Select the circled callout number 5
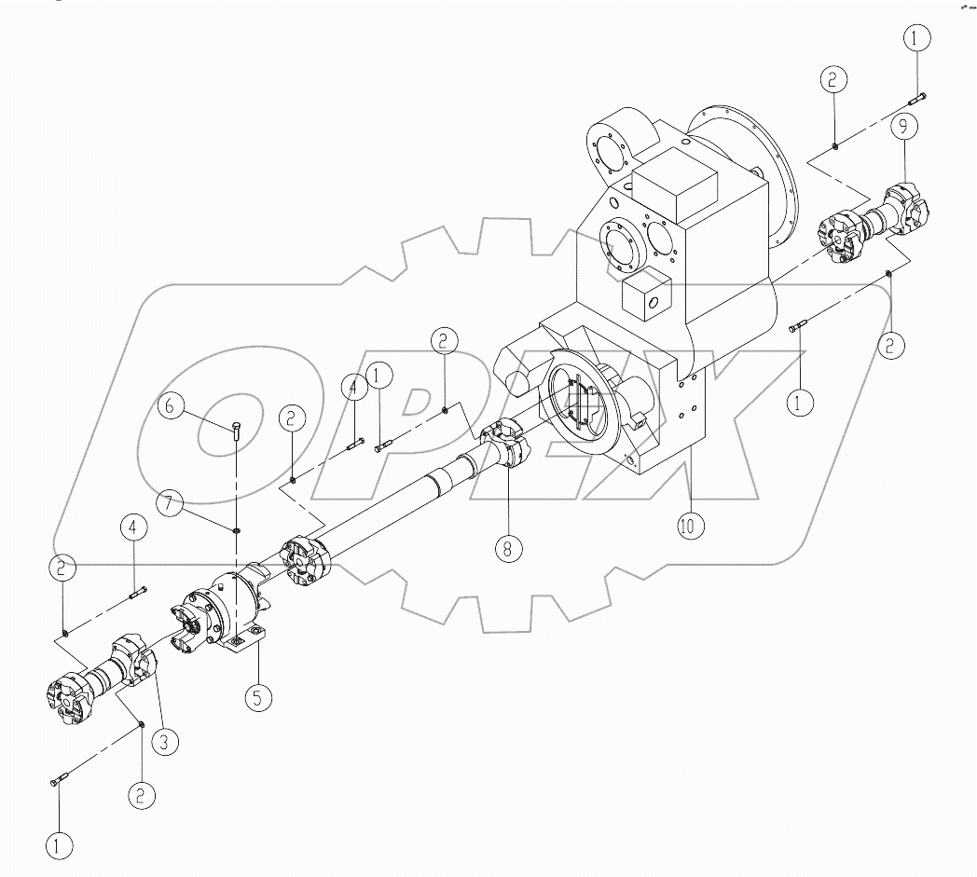coord(258,696)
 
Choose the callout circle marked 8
coord(507,548)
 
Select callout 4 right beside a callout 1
coord(354,386)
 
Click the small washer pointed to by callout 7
coord(236,530)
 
